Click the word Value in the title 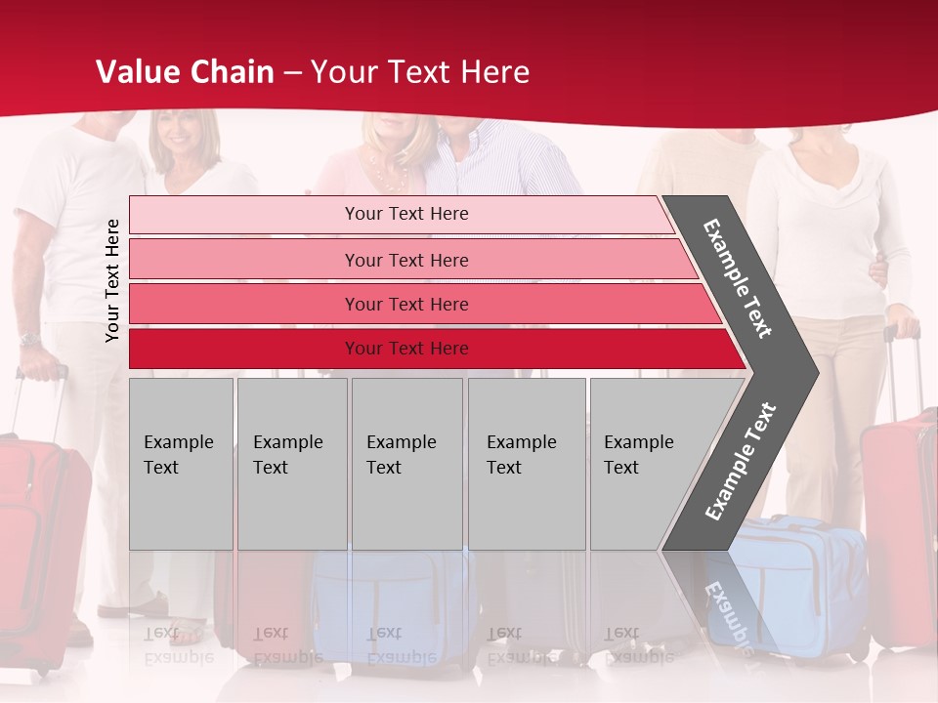[x=138, y=72]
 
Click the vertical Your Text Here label [x=112, y=280]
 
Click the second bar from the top [x=406, y=260]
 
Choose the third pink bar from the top [x=406, y=304]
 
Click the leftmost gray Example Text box [x=181, y=464]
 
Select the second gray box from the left [x=291, y=464]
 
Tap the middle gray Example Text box [x=406, y=464]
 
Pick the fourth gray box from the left [x=526, y=464]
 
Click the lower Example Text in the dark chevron [x=740, y=461]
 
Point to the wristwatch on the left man [x=29, y=340]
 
